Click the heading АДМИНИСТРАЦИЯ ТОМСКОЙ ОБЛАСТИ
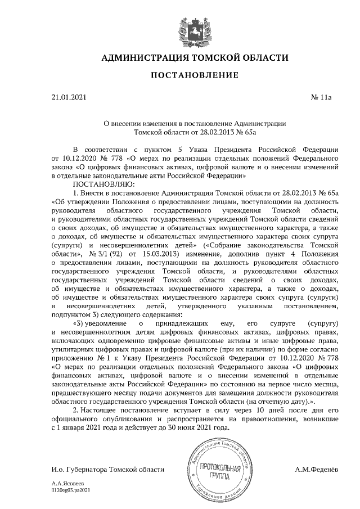pos(195,58)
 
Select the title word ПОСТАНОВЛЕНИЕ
pos(195,75)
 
